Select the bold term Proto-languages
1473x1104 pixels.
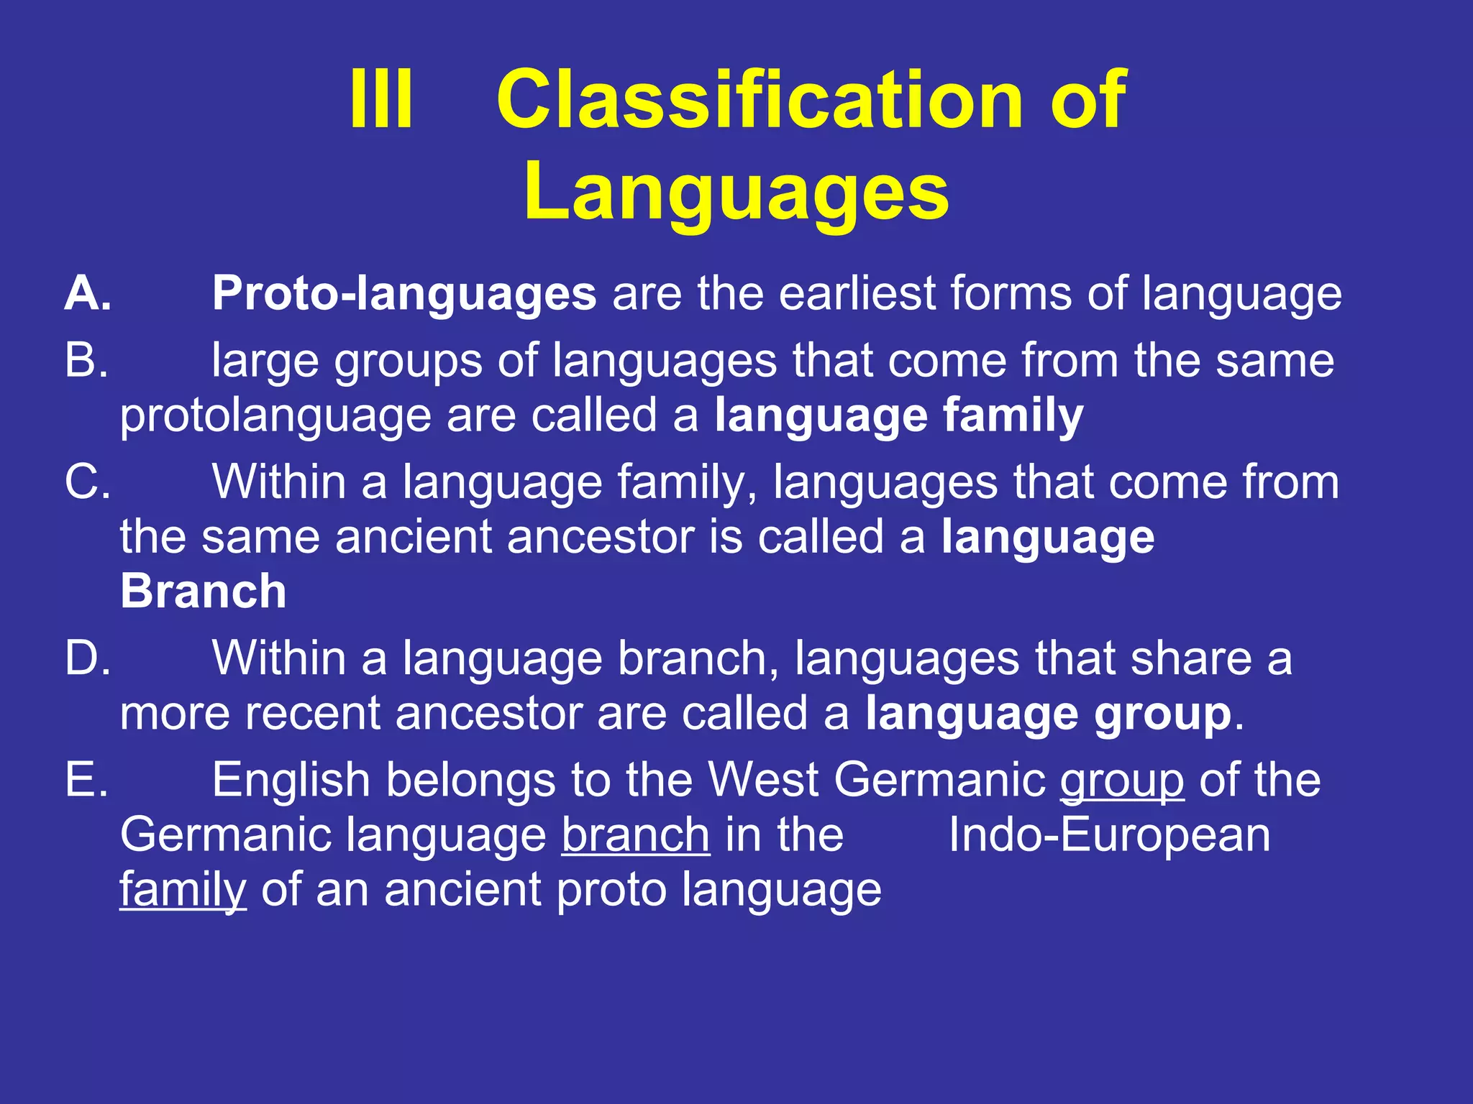click(403, 295)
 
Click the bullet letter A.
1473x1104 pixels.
click(88, 295)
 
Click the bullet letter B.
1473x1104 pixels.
click(86, 361)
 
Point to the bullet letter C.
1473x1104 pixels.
click(87, 482)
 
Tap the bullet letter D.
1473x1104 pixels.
click(87, 658)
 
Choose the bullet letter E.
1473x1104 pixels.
click(86, 781)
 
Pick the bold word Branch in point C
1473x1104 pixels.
click(204, 592)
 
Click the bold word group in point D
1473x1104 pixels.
click(1162, 716)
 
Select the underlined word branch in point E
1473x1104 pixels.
click(636, 835)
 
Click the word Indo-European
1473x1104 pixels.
click(1109, 835)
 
